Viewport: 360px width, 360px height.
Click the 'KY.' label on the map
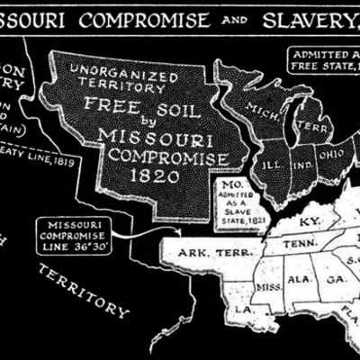[x=310, y=220]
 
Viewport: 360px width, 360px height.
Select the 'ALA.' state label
[x=299, y=280]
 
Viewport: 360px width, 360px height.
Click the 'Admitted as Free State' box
[x=325, y=60]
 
